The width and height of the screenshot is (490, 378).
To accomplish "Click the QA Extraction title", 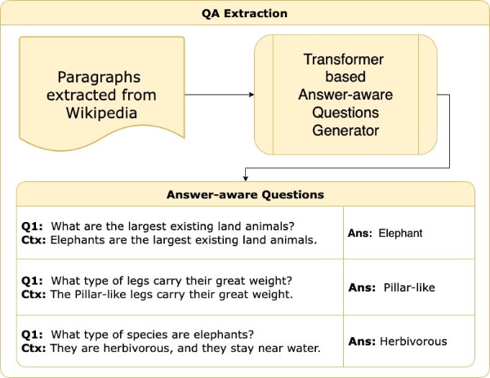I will point(245,13).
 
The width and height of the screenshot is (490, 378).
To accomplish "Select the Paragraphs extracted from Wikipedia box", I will point(99,94).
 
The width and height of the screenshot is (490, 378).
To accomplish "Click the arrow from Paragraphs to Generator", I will point(220,95).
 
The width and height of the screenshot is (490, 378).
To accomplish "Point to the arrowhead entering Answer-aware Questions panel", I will point(245,177).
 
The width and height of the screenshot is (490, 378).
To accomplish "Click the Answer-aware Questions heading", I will point(245,195).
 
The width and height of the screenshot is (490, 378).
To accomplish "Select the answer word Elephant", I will point(400,233).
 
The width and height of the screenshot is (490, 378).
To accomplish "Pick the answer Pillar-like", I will point(408,287).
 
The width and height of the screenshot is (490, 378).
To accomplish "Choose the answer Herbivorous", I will point(412,341).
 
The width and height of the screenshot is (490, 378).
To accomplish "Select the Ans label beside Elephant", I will point(360,233).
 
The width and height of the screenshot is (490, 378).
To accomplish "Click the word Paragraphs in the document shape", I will point(99,77).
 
